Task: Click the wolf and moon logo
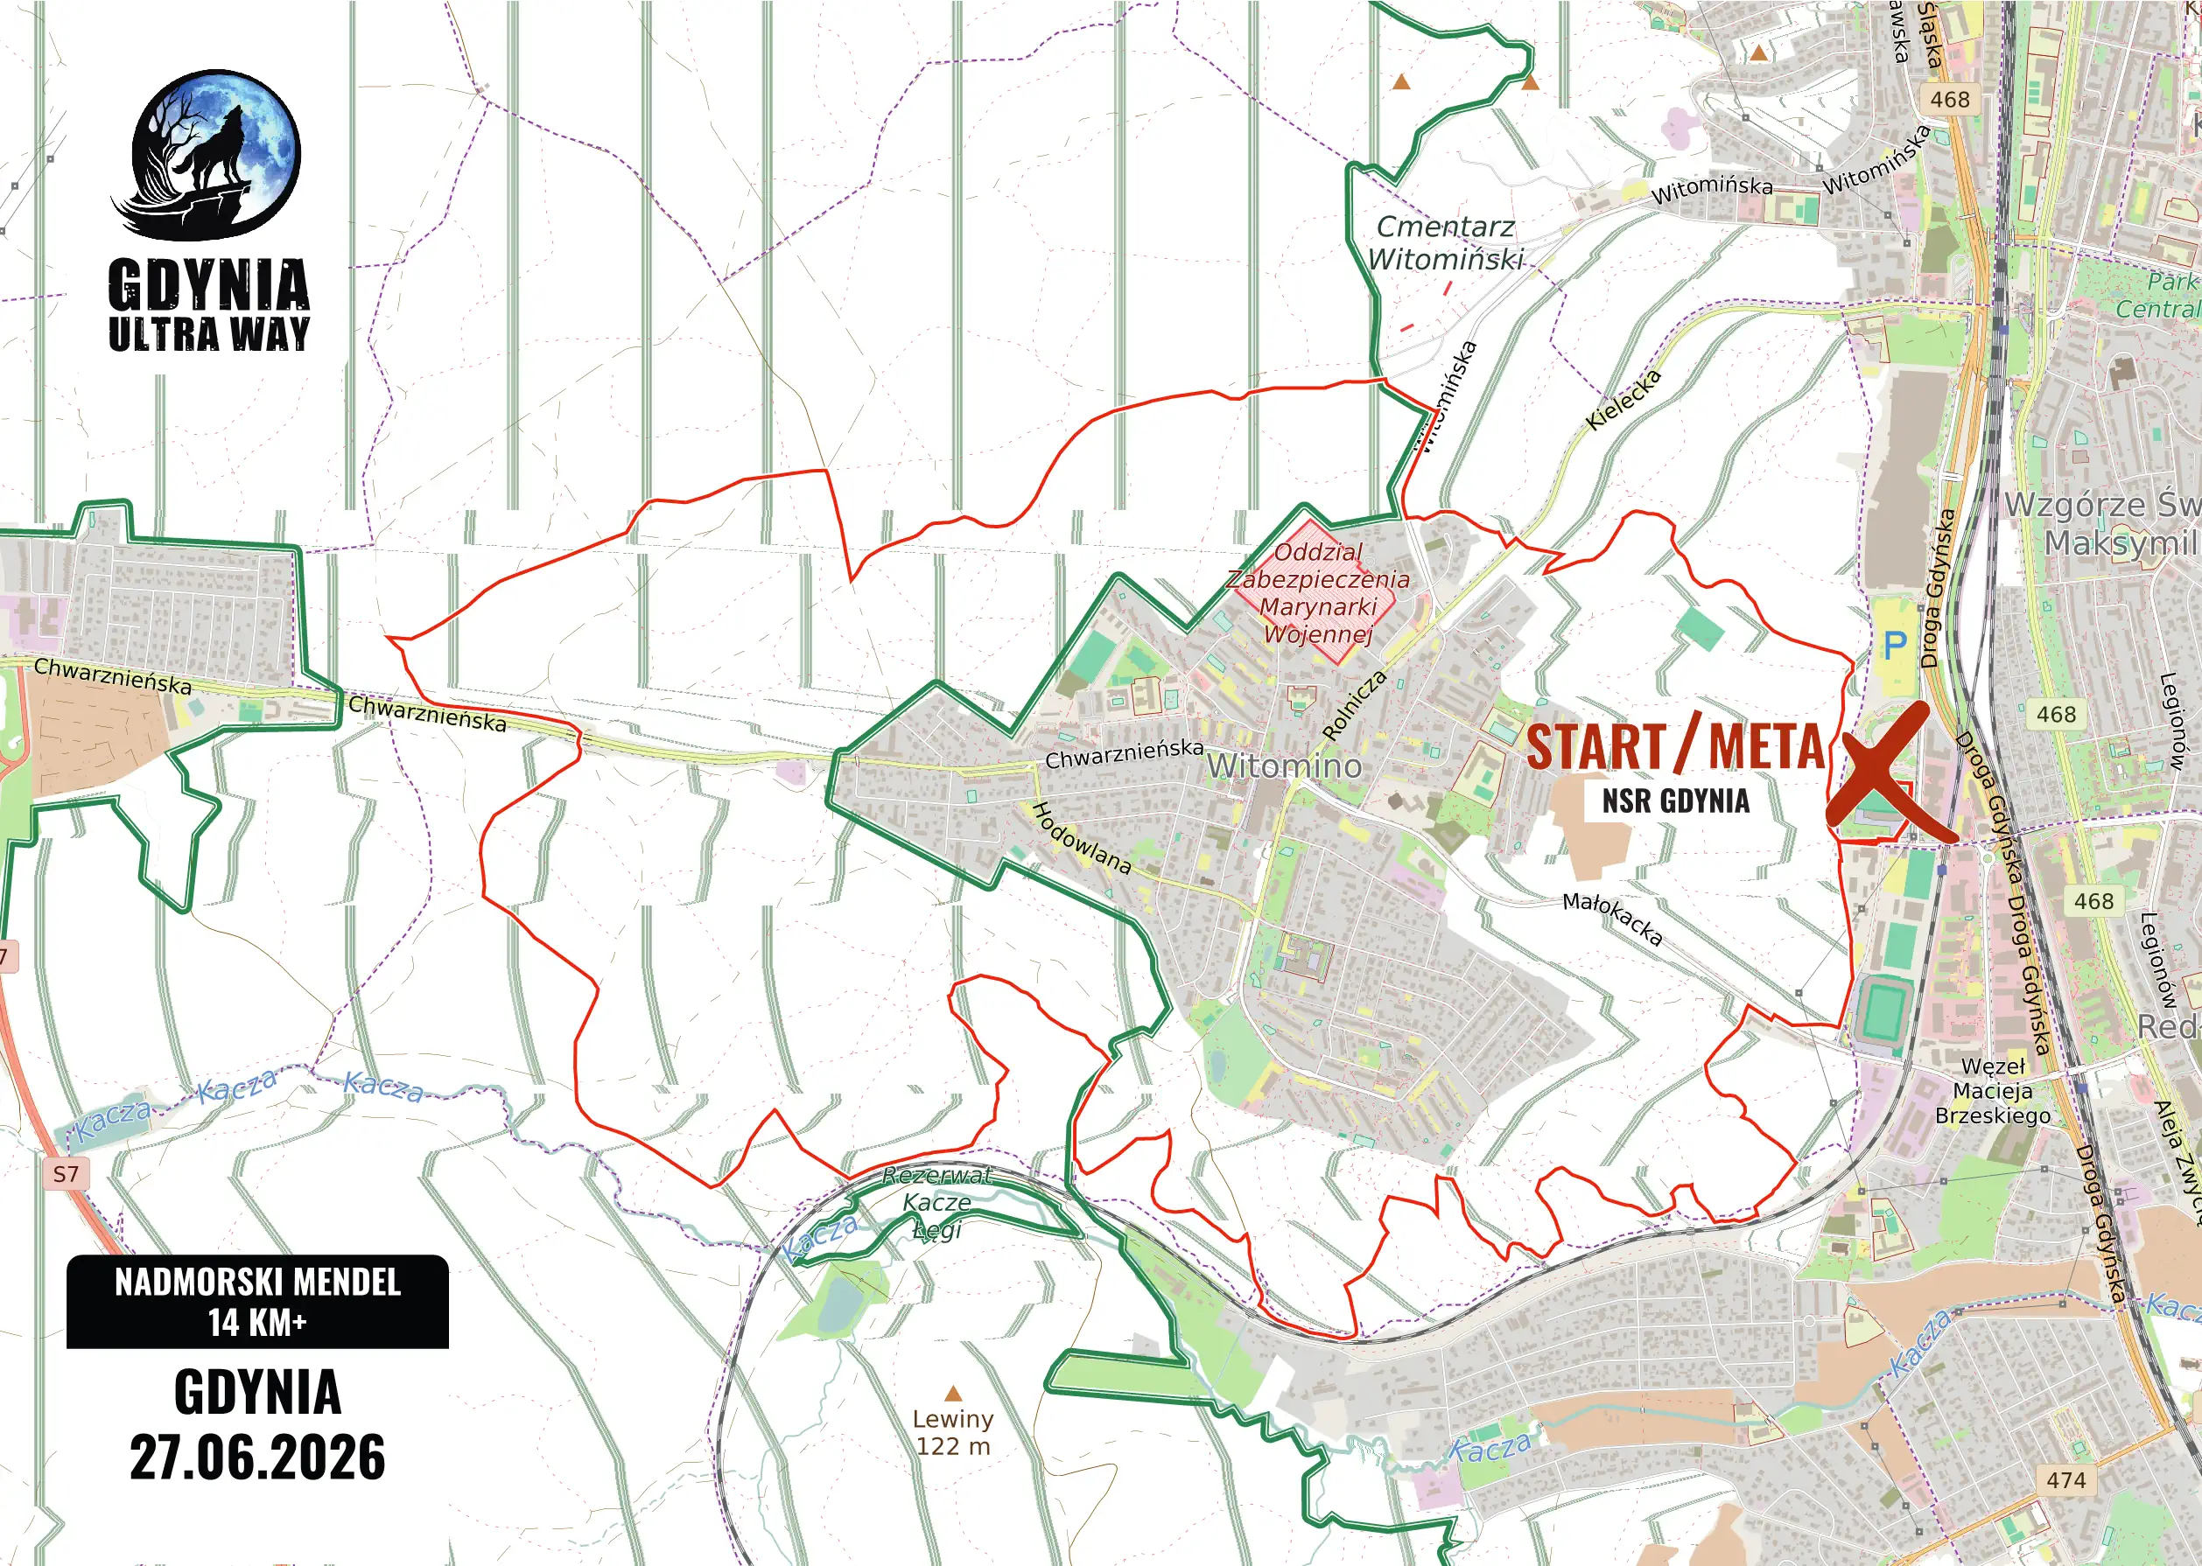[x=214, y=154]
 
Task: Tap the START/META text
[x=1675, y=747]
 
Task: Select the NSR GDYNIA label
[x=1675, y=801]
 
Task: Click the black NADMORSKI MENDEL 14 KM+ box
[x=257, y=1301]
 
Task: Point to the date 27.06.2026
[x=257, y=1457]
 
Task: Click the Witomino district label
[x=1284, y=766]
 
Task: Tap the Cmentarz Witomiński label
[x=1445, y=243]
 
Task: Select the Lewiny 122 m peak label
[x=953, y=1432]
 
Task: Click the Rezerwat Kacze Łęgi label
[x=936, y=1202]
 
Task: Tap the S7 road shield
[x=66, y=1173]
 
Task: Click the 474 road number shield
[x=2065, y=1480]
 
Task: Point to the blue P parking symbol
[x=1896, y=644]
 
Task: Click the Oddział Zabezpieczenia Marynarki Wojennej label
[x=1317, y=593]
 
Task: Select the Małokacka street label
[x=1612, y=918]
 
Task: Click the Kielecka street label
[x=1623, y=399]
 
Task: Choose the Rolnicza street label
[x=1354, y=705]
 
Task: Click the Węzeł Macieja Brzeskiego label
[x=1992, y=1091]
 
